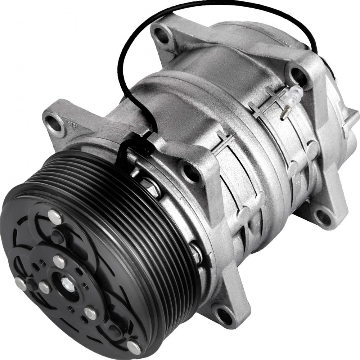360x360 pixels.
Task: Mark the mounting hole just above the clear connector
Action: [296, 76]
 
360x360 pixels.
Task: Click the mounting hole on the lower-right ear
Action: [322, 216]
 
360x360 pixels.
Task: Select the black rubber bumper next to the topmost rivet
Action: [58, 236]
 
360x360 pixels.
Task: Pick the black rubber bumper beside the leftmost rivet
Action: [32, 284]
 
